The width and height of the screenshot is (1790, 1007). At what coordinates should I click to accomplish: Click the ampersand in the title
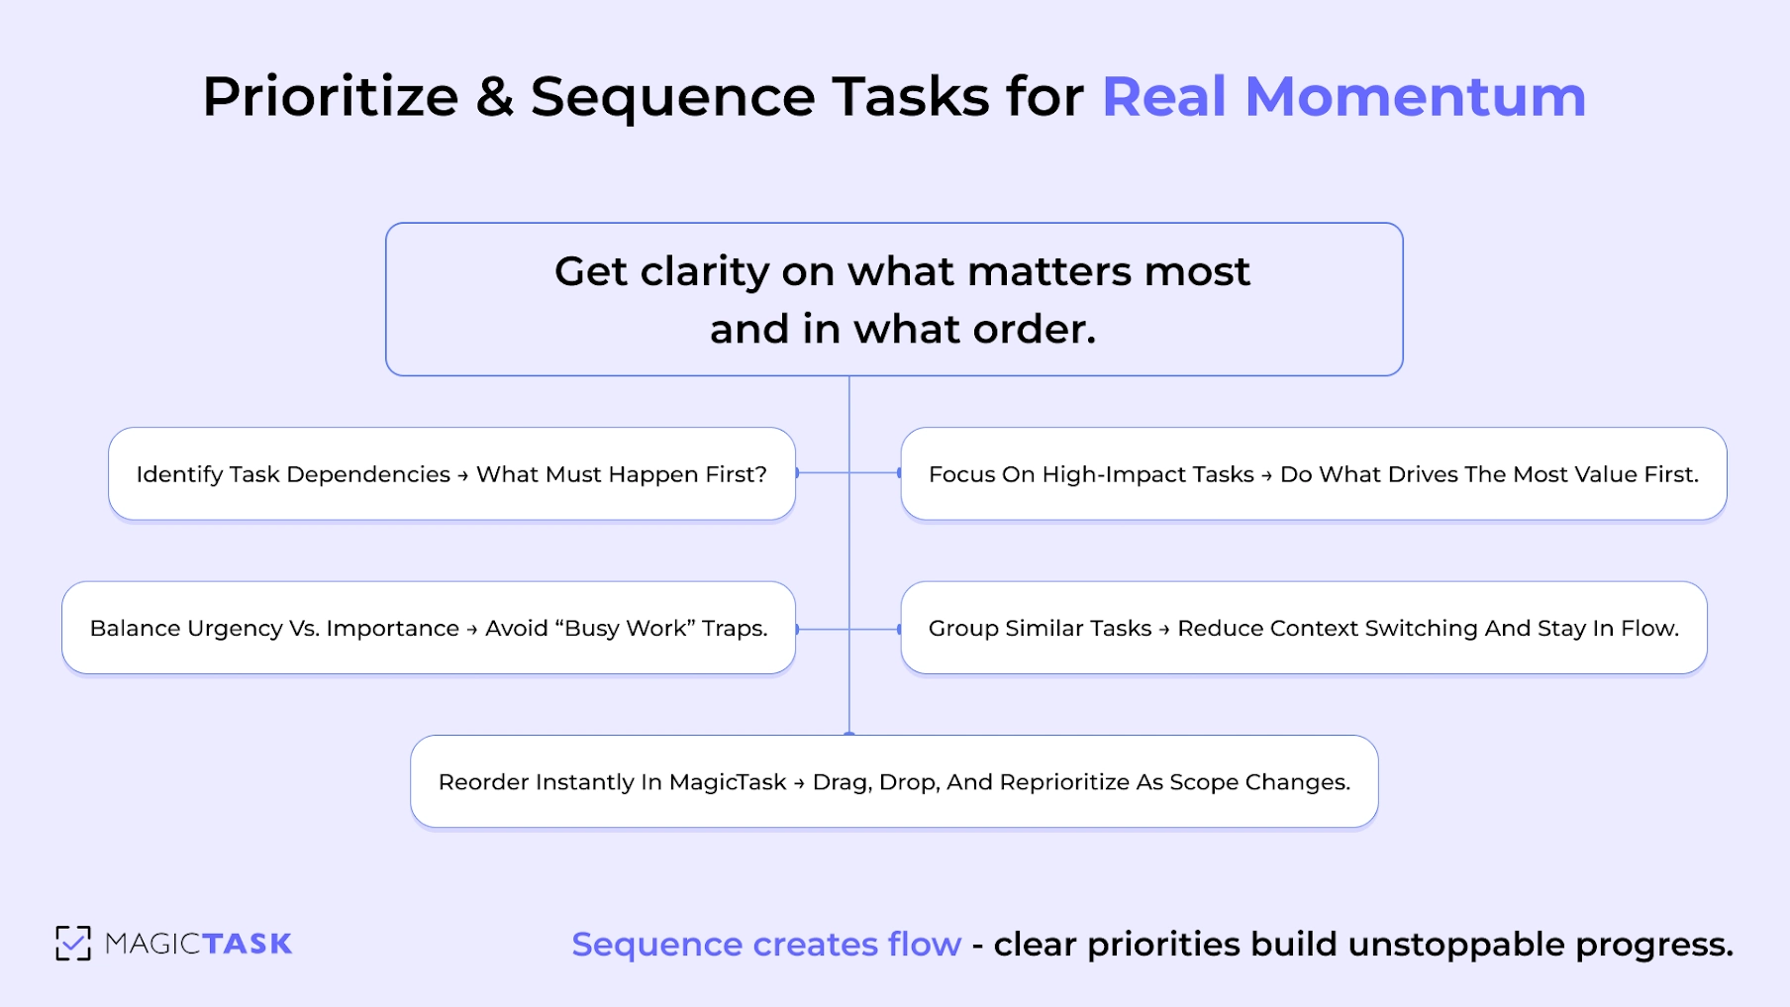coord(494,97)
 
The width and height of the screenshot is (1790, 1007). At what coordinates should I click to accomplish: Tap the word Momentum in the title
coord(1415,97)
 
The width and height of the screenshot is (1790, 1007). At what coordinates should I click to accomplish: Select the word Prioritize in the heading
coord(330,97)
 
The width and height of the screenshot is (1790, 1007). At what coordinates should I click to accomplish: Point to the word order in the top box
coord(1033,329)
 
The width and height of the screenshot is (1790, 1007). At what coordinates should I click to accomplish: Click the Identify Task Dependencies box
coord(451,474)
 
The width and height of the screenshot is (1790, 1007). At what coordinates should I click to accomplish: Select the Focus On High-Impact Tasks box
coord(1313,474)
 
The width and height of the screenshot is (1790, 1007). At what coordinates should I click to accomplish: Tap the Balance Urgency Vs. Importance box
coord(428,628)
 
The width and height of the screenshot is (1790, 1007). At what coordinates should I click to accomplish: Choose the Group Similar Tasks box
coord(1303,628)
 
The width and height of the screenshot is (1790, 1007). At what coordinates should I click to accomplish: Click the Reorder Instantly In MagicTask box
coord(893,781)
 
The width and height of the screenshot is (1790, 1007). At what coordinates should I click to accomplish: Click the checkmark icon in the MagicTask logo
coord(73,943)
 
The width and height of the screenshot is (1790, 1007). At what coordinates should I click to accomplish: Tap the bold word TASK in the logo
coord(248,944)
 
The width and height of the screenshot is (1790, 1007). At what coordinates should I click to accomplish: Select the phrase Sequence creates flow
coord(766,945)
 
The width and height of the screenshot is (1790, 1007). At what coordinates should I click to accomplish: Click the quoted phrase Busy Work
coord(626,628)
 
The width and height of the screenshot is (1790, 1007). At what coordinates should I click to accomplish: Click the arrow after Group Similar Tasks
coord(1164,629)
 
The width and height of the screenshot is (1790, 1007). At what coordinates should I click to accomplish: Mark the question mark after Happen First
coord(760,474)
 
